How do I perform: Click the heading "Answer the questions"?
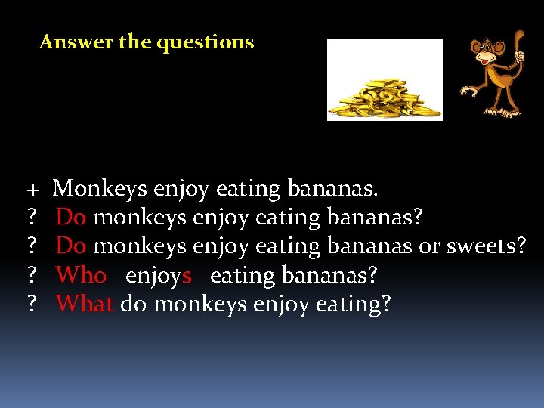point(147,42)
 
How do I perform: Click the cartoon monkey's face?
point(488,52)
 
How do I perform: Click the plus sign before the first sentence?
point(33,188)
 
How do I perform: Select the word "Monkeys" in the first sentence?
point(101,188)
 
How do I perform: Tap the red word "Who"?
point(82,276)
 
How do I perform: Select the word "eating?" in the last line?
point(354,304)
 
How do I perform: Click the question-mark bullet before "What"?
point(32,304)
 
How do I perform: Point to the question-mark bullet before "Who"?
point(32,276)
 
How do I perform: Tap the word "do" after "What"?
point(134,304)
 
